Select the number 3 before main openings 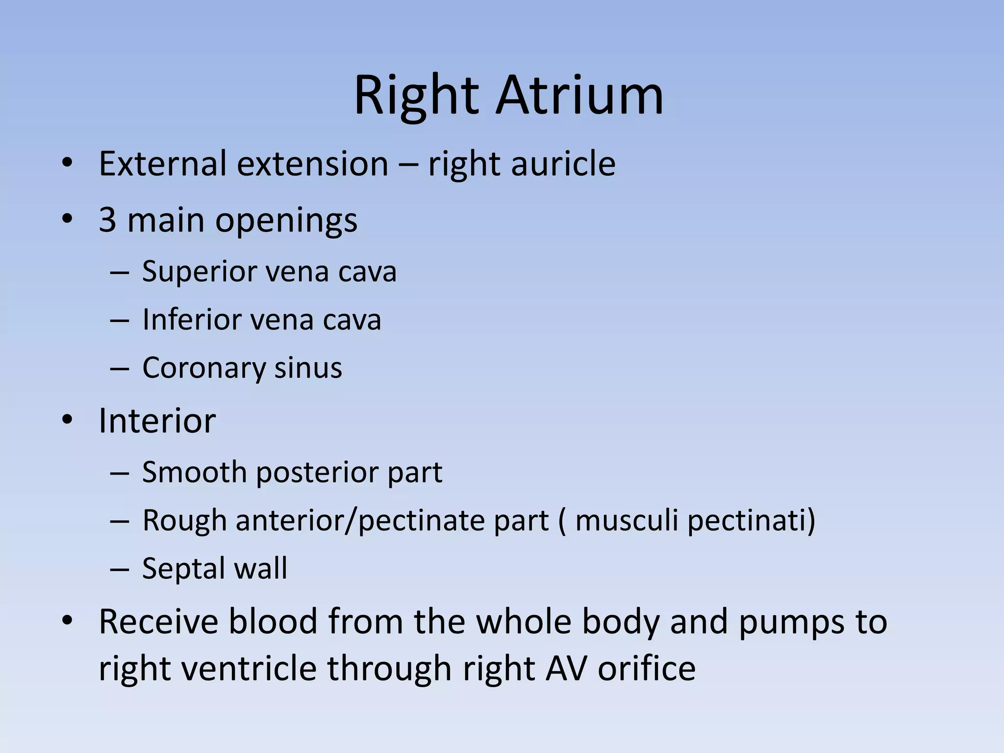(107, 220)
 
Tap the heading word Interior (157, 421)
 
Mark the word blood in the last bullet (273, 621)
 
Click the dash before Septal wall (120, 569)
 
